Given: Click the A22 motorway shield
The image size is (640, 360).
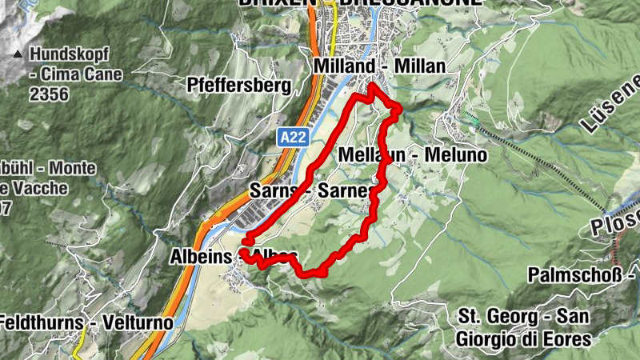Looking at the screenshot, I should [294, 138].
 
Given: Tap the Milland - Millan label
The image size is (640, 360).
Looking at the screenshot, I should [379, 66].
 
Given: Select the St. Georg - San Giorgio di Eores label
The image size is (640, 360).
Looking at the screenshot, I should [523, 326].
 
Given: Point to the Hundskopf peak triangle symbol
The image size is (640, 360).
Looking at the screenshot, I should [18, 56].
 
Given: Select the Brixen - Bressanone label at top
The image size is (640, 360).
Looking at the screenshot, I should [360, 3].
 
